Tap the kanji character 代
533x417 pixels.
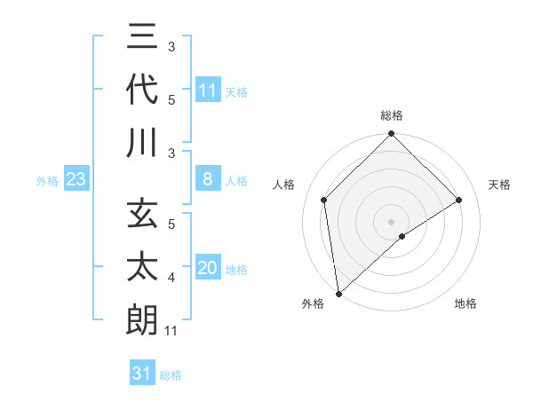point(142,91)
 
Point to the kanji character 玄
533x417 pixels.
point(142,216)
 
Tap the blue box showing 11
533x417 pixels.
point(208,90)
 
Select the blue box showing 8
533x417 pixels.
point(208,180)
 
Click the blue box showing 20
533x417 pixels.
point(208,269)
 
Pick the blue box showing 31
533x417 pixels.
point(142,374)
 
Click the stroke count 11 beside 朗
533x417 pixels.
point(172,332)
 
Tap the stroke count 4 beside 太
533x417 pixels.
point(171,279)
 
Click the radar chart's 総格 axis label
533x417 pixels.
point(391,115)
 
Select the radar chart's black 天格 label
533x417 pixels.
point(500,185)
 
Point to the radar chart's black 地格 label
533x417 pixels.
point(465,303)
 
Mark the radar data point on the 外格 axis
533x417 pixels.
point(338,293)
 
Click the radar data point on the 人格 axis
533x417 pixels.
point(324,200)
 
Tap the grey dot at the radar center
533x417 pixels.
point(391,221)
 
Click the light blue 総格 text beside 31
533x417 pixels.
point(171,375)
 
